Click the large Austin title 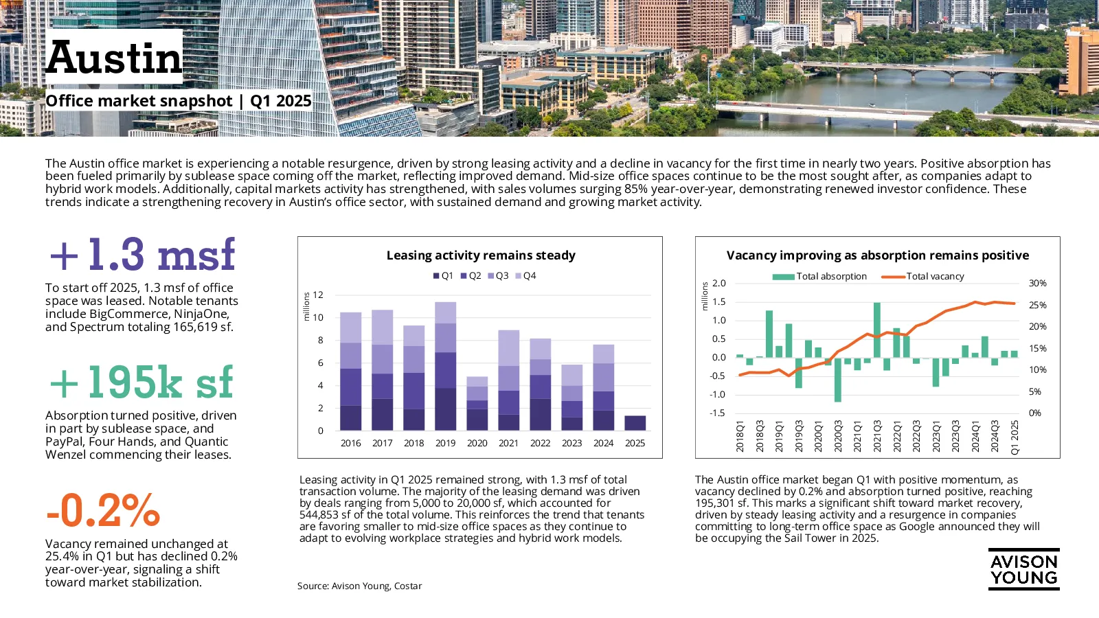click(x=114, y=58)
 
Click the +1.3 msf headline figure click(x=142, y=254)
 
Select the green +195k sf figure click(x=141, y=382)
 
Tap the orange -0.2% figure click(x=103, y=510)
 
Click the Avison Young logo click(x=1024, y=569)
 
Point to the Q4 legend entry click(x=525, y=275)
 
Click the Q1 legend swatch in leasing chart click(x=435, y=276)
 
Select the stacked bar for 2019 click(x=446, y=367)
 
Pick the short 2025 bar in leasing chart click(x=635, y=423)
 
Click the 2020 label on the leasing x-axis click(x=477, y=443)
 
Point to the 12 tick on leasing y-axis click(x=318, y=295)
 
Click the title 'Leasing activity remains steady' click(x=481, y=255)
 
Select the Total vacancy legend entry click(x=923, y=276)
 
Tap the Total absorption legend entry click(x=819, y=276)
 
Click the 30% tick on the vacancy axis click(x=1038, y=283)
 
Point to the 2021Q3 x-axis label click(x=877, y=436)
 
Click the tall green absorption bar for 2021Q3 click(x=877, y=330)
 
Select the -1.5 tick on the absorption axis click(x=717, y=413)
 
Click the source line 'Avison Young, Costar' click(x=376, y=586)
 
